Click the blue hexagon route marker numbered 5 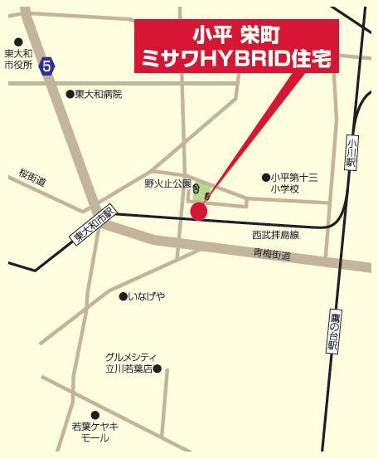(x=49, y=65)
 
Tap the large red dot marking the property (x=199, y=212)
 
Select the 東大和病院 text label (x=98, y=95)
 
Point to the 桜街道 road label (x=31, y=177)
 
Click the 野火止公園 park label (x=167, y=183)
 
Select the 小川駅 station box (x=351, y=154)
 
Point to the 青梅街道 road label (x=274, y=256)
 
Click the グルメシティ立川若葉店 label (x=128, y=362)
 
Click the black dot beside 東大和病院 (x=70, y=95)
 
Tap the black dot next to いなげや (x=122, y=296)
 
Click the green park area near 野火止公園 (x=199, y=192)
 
